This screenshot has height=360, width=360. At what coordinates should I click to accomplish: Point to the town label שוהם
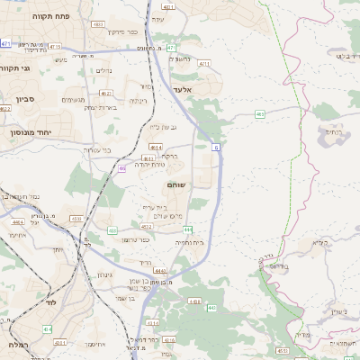[x=176, y=184]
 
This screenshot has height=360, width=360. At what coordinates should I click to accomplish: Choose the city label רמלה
[x=16, y=345]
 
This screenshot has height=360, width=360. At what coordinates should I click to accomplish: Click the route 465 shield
[x=259, y=114]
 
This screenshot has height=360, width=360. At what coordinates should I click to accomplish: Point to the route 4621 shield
[x=105, y=93]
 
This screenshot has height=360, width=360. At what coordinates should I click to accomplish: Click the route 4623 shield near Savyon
[x=4, y=109]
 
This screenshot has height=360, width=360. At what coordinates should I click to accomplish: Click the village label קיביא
[x=321, y=243]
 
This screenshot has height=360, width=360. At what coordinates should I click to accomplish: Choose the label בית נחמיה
[x=190, y=243]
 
